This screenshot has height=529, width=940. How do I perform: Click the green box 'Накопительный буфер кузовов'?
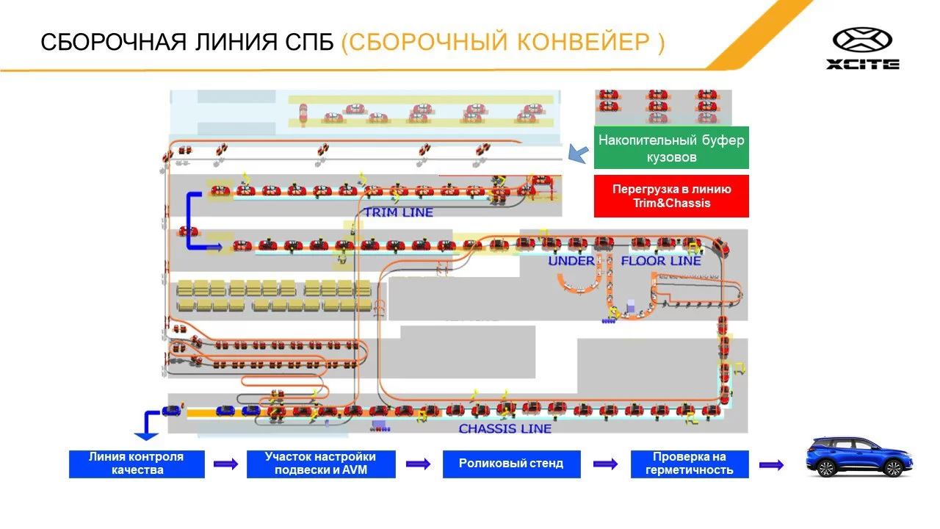click(671, 148)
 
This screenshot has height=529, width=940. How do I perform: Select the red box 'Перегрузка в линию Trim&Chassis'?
click(671, 196)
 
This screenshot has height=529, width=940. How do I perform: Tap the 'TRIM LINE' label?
click(399, 212)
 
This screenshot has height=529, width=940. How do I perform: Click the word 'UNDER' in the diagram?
click(571, 261)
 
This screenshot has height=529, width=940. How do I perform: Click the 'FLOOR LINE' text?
click(661, 261)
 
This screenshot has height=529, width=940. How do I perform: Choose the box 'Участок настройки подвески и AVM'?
click(320, 464)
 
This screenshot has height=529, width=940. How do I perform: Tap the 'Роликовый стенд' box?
click(511, 464)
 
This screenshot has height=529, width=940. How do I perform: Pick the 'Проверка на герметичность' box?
click(690, 464)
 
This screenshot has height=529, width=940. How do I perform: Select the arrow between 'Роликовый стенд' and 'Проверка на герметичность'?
click(606, 464)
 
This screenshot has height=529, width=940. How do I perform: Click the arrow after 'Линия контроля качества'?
click(226, 464)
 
